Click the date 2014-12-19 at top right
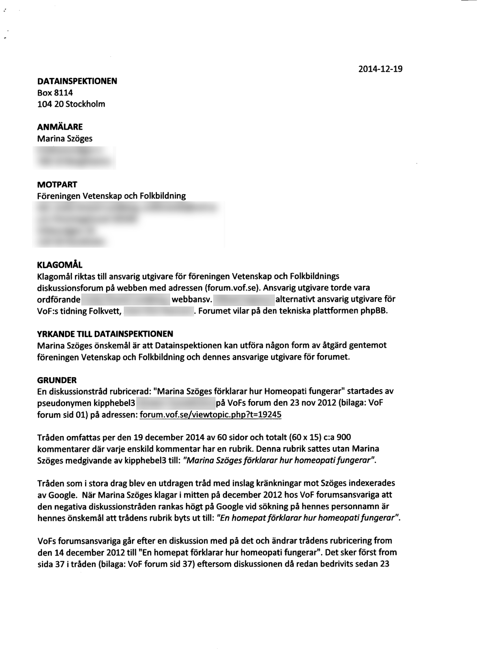(x=380, y=69)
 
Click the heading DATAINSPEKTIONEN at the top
(x=77, y=81)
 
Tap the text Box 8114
(x=55, y=93)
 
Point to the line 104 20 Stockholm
(x=71, y=104)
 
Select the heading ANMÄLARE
(x=60, y=127)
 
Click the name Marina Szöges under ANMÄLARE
(x=65, y=139)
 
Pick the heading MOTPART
(x=57, y=185)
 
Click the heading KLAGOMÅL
(x=60, y=265)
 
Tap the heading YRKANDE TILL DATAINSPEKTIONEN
(x=105, y=334)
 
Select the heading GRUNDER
(x=57, y=380)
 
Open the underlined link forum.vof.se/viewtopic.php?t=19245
(x=210, y=415)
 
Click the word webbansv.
(x=191, y=300)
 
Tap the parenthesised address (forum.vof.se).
(x=233, y=288)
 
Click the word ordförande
(x=59, y=300)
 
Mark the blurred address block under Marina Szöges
(x=76, y=158)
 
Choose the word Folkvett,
(x=106, y=311)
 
